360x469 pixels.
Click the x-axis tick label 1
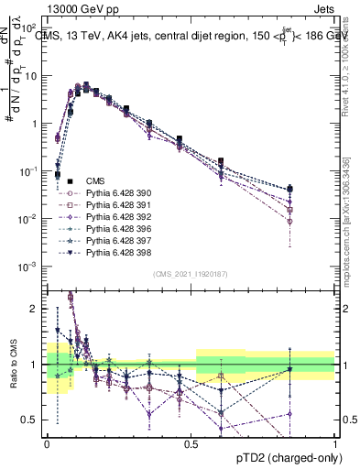tap(334, 443)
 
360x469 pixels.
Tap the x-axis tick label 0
tap(47, 443)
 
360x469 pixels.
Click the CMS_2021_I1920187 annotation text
tap(191, 273)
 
